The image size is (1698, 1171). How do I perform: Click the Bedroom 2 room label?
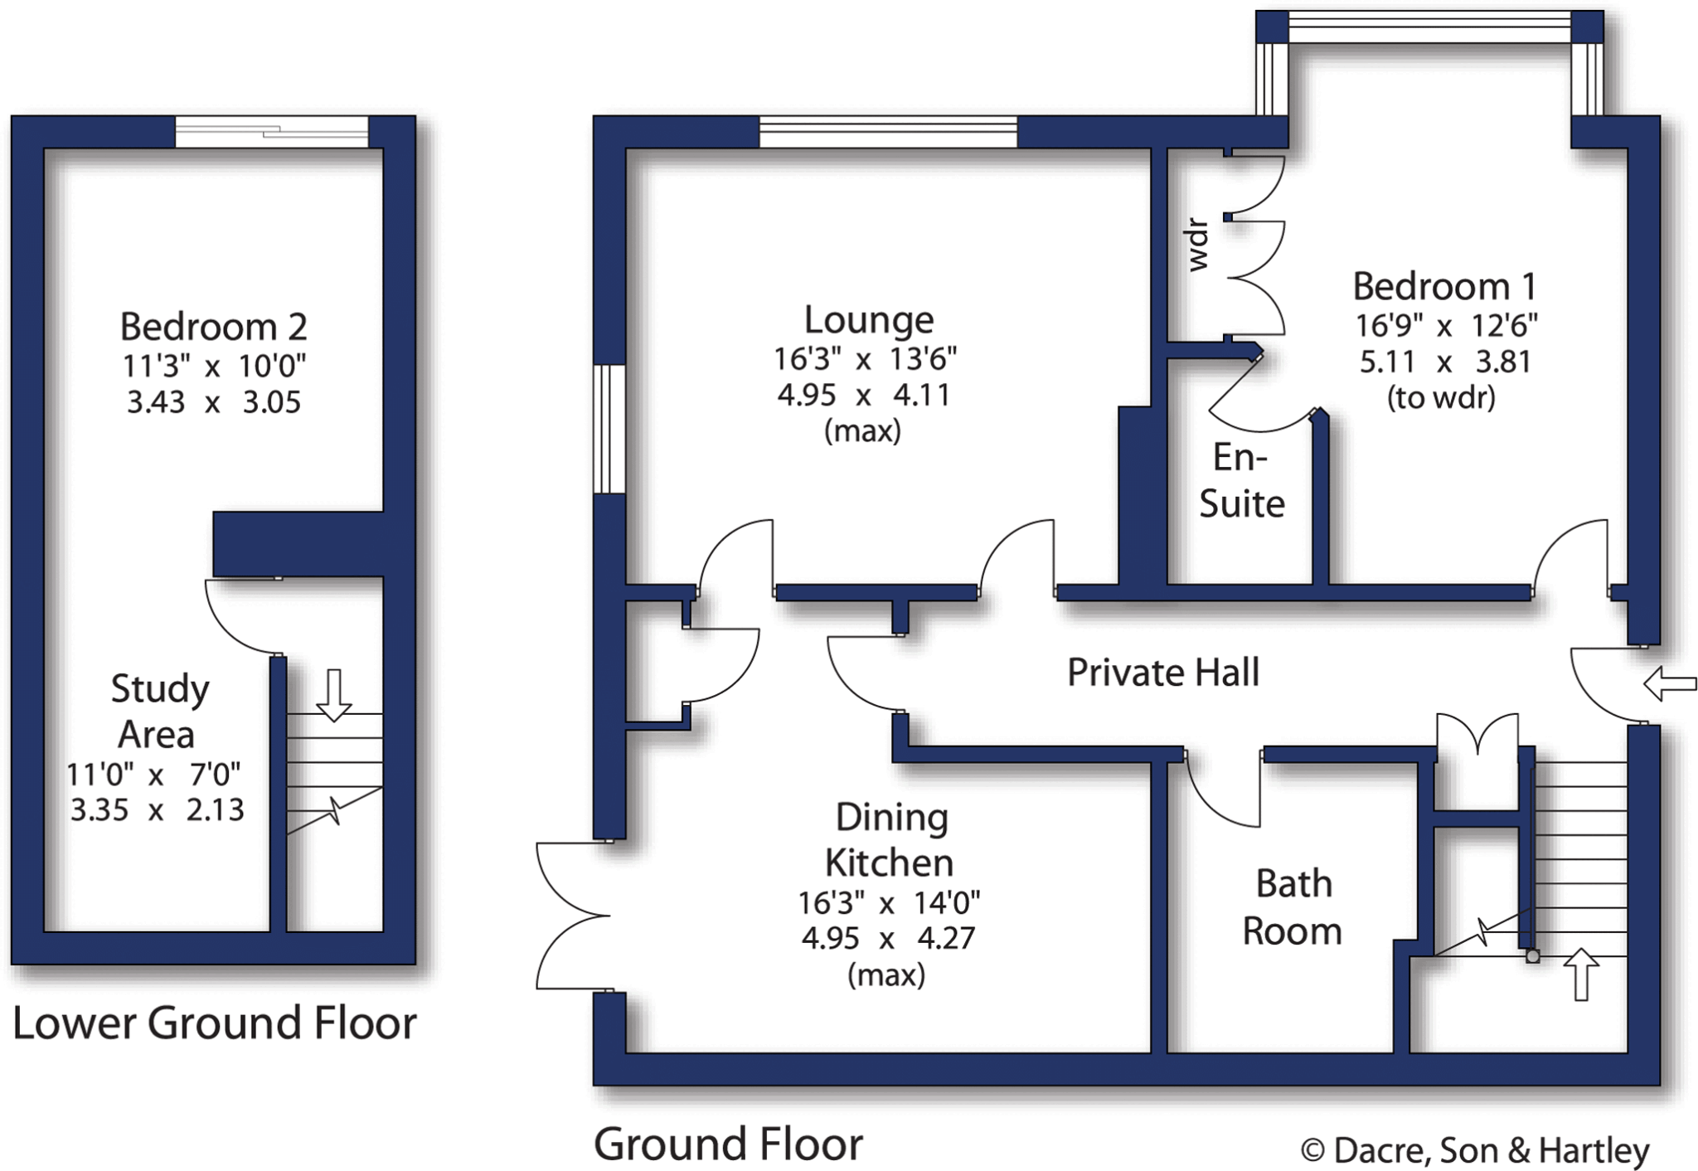click(x=213, y=327)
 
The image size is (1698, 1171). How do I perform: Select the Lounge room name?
click(x=868, y=320)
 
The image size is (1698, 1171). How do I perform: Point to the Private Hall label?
click(x=1162, y=673)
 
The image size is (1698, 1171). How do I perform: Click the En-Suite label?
click(x=1241, y=480)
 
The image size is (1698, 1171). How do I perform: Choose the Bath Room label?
click(x=1293, y=907)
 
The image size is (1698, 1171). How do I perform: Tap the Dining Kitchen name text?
click(x=890, y=840)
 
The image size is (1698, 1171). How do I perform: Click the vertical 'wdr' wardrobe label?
click(x=1198, y=245)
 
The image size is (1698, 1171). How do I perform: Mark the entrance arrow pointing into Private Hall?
click(x=1670, y=684)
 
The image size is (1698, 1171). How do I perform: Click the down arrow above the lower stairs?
click(x=334, y=695)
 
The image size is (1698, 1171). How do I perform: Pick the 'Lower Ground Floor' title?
click(x=214, y=1023)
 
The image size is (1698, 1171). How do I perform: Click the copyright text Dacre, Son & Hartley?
click(x=1475, y=1150)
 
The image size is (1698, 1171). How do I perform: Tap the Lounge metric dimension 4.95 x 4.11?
click(x=863, y=395)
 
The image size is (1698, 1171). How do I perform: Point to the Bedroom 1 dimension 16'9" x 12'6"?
click(x=1446, y=326)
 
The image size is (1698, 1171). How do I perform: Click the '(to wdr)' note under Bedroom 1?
click(x=1441, y=398)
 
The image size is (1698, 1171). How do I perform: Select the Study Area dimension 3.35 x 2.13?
click(x=157, y=809)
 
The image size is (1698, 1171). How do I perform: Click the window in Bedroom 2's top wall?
click(x=271, y=132)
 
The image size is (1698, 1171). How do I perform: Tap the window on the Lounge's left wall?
click(x=609, y=429)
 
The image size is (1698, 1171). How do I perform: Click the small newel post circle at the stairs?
click(x=1533, y=956)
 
